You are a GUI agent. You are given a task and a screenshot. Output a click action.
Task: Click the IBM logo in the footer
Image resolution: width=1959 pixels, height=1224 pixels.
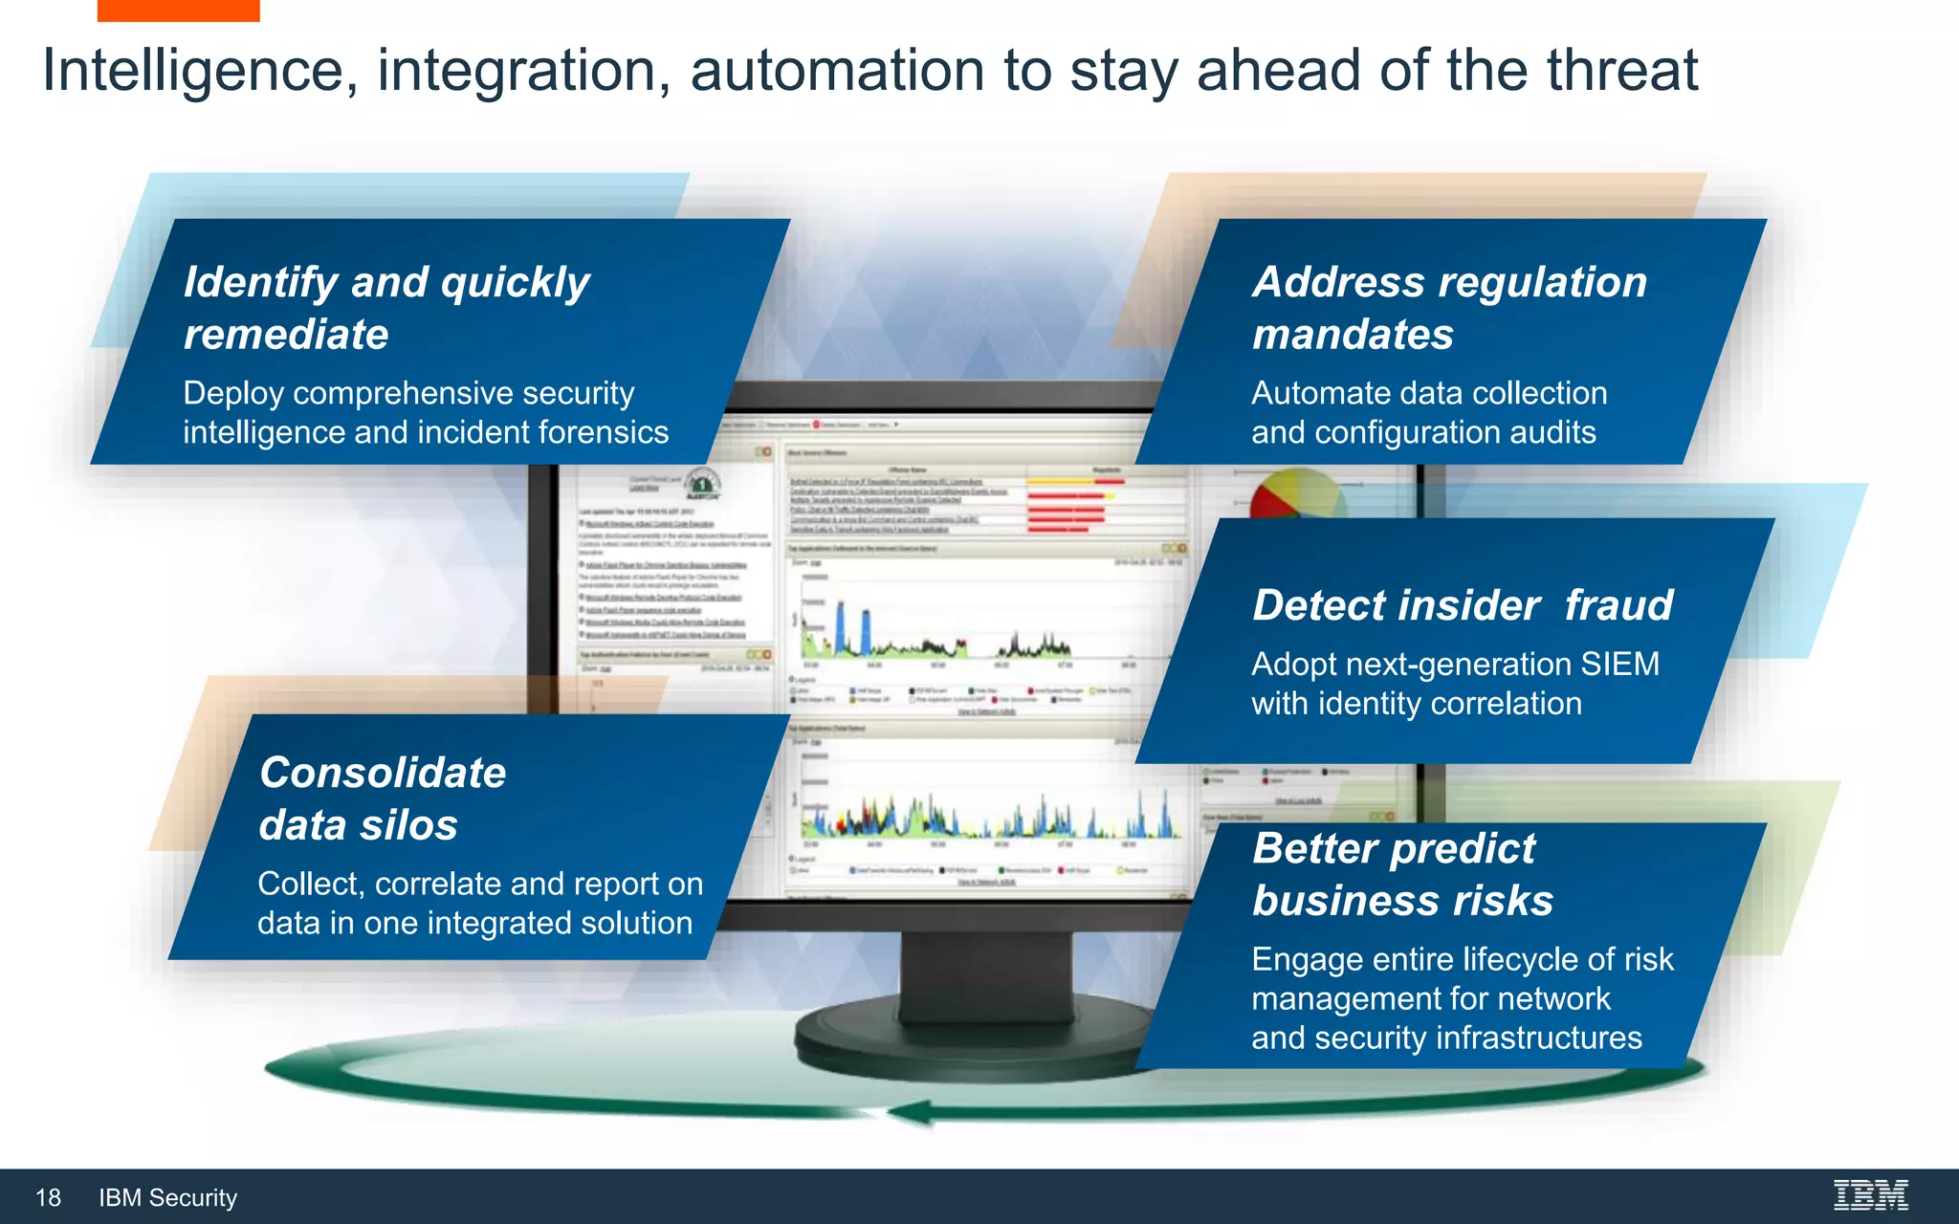(x=1870, y=1195)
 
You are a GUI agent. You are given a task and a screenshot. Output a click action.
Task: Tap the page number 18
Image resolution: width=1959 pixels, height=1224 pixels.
(x=48, y=1197)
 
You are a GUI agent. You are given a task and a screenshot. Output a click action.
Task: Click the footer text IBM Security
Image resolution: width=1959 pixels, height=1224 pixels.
(x=167, y=1197)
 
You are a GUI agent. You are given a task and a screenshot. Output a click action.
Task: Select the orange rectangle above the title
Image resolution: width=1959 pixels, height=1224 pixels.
(x=178, y=11)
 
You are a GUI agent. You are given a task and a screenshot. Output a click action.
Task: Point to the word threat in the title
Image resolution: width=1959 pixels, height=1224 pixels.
(x=1621, y=71)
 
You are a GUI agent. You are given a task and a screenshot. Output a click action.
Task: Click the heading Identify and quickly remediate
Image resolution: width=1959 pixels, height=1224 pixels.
(x=385, y=308)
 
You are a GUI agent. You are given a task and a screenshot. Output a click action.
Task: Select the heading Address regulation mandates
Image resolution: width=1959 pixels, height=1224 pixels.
(x=1449, y=308)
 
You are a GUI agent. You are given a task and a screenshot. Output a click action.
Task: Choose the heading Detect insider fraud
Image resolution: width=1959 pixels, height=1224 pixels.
(x=1463, y=605)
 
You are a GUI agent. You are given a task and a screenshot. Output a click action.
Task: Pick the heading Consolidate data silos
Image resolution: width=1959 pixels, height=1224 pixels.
(x=383, y=798)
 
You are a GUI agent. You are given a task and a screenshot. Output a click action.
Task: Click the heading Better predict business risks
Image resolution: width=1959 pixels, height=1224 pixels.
(x=1402, y=874)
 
